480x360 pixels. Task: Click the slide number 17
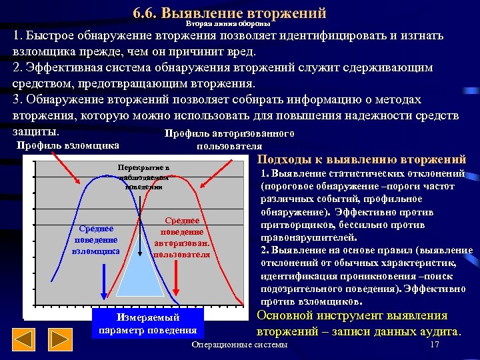point(435,345)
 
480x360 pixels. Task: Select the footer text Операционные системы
point(239,345)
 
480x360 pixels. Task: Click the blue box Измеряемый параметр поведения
point(147,323)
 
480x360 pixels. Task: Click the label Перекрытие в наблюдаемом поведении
point(143,177)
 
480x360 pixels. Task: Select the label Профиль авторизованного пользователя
point(229,139)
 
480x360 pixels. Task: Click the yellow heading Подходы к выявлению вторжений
point(361,159)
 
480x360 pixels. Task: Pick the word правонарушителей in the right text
point(309,237)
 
